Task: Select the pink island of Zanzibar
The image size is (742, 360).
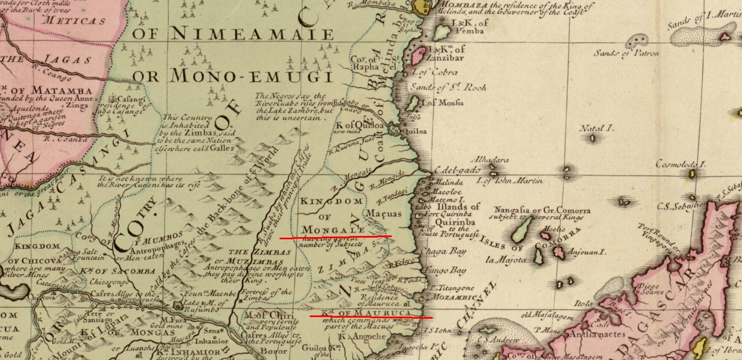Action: pos(417,57)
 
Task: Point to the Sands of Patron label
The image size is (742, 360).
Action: pos(625,53)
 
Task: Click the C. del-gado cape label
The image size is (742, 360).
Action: pos(457,170)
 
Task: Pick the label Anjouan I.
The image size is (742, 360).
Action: pos(585,252)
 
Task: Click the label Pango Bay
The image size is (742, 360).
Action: pos(445,271)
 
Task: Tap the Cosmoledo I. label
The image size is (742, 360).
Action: pos(681,164)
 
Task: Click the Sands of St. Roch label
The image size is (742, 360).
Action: pos(448,88)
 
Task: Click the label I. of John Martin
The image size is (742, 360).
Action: pos(510,181)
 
